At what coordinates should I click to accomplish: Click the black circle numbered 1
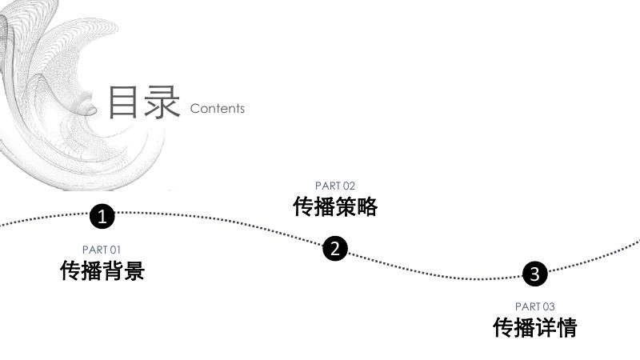tap(102, 216)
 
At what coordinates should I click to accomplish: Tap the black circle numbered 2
tap(335, 249)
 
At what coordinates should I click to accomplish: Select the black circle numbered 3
tap(535, 274)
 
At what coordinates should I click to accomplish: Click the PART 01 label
tap(102, 250)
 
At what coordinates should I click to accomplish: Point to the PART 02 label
tap(335, 186)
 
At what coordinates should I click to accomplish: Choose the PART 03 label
tap(535, 306)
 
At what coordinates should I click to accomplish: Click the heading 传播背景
tap(102, 270)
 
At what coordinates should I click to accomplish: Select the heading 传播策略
tap(335, 206)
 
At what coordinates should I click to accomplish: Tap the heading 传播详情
tap(535, 327)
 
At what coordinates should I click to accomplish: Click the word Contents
tap(218, 108)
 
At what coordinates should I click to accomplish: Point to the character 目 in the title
tap(124, 102)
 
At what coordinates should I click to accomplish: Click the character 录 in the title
tap(162, 102)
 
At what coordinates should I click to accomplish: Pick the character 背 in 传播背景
tap(113, 270)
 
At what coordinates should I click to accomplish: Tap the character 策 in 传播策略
tap(346, 206)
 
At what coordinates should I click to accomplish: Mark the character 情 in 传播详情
tap(566, 327)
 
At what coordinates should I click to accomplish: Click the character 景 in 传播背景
tap(134, 270)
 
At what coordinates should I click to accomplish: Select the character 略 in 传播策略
tap(366, 206)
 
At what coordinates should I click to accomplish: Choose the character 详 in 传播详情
tap(546, 327)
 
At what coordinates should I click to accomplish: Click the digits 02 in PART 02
tap(349, 186)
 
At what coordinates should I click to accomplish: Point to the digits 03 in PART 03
tap(548, 306)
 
